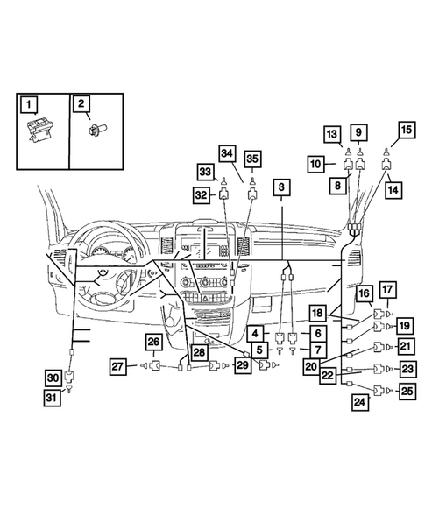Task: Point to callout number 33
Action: click(205, 171)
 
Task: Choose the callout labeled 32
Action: click(202, 195)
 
